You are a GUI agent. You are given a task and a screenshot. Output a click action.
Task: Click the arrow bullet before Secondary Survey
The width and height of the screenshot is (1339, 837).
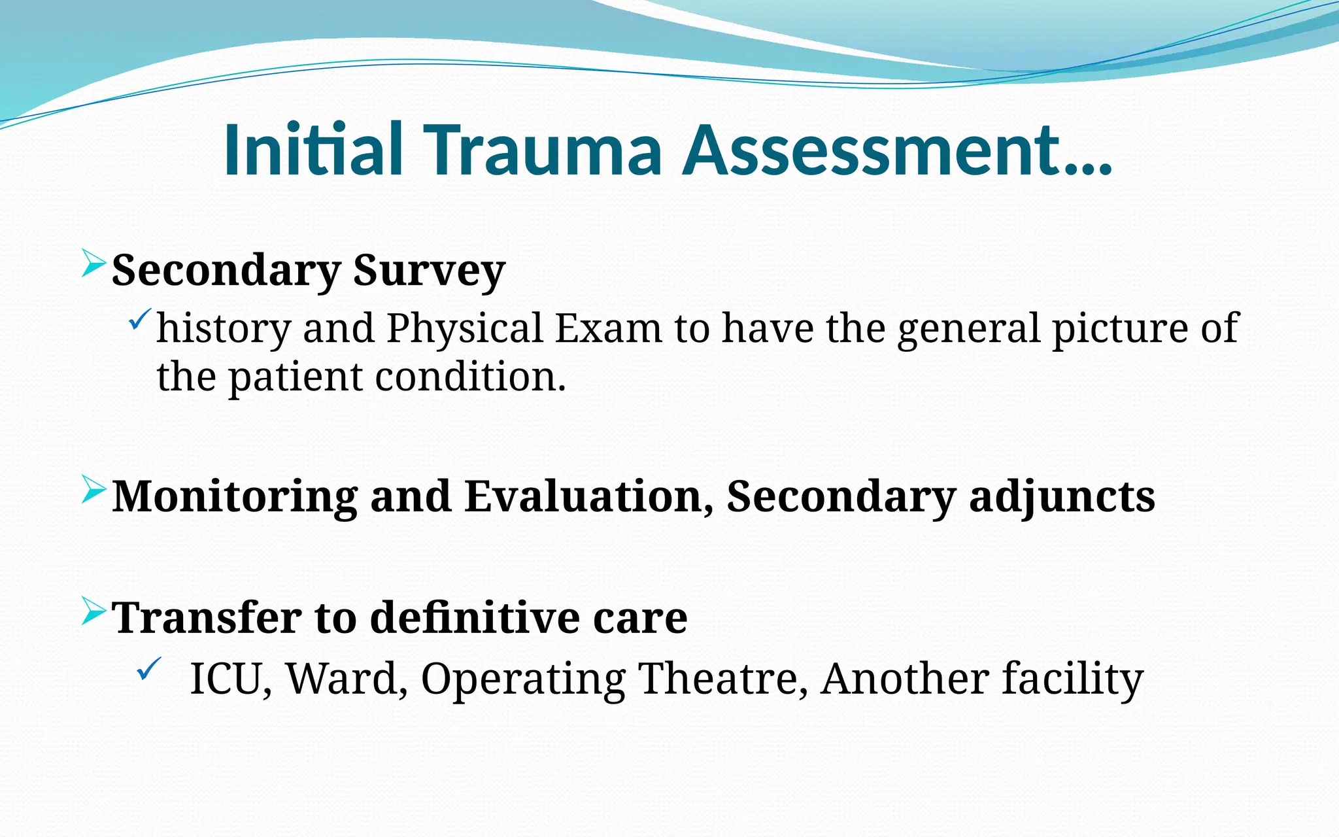93,264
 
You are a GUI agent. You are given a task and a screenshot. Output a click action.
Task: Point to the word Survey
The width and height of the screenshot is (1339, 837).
429,271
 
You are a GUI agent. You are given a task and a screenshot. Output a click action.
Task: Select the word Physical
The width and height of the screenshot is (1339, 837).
464,328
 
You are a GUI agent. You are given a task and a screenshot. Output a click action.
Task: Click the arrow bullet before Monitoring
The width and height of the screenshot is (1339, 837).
93,490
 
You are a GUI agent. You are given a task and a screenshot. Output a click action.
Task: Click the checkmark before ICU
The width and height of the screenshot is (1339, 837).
148,669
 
